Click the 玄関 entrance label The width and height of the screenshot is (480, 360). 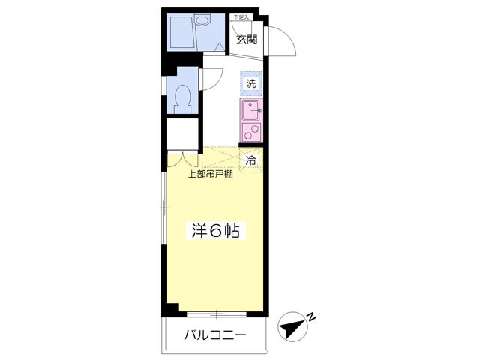(x=247, y=40)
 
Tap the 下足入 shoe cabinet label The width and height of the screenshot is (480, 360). (x=240, y=16)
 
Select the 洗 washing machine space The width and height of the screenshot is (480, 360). (x=251, y=84)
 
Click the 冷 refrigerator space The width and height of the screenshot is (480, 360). (x=251, y=159)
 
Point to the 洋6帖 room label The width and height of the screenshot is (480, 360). (x=213, y=231)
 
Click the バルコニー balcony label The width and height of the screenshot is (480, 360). (x=215, y=335)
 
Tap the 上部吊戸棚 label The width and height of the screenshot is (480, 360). (x=209, y=175)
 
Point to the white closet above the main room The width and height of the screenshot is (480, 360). (x=182, y=135)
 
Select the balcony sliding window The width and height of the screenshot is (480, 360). (x=215, y=312)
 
